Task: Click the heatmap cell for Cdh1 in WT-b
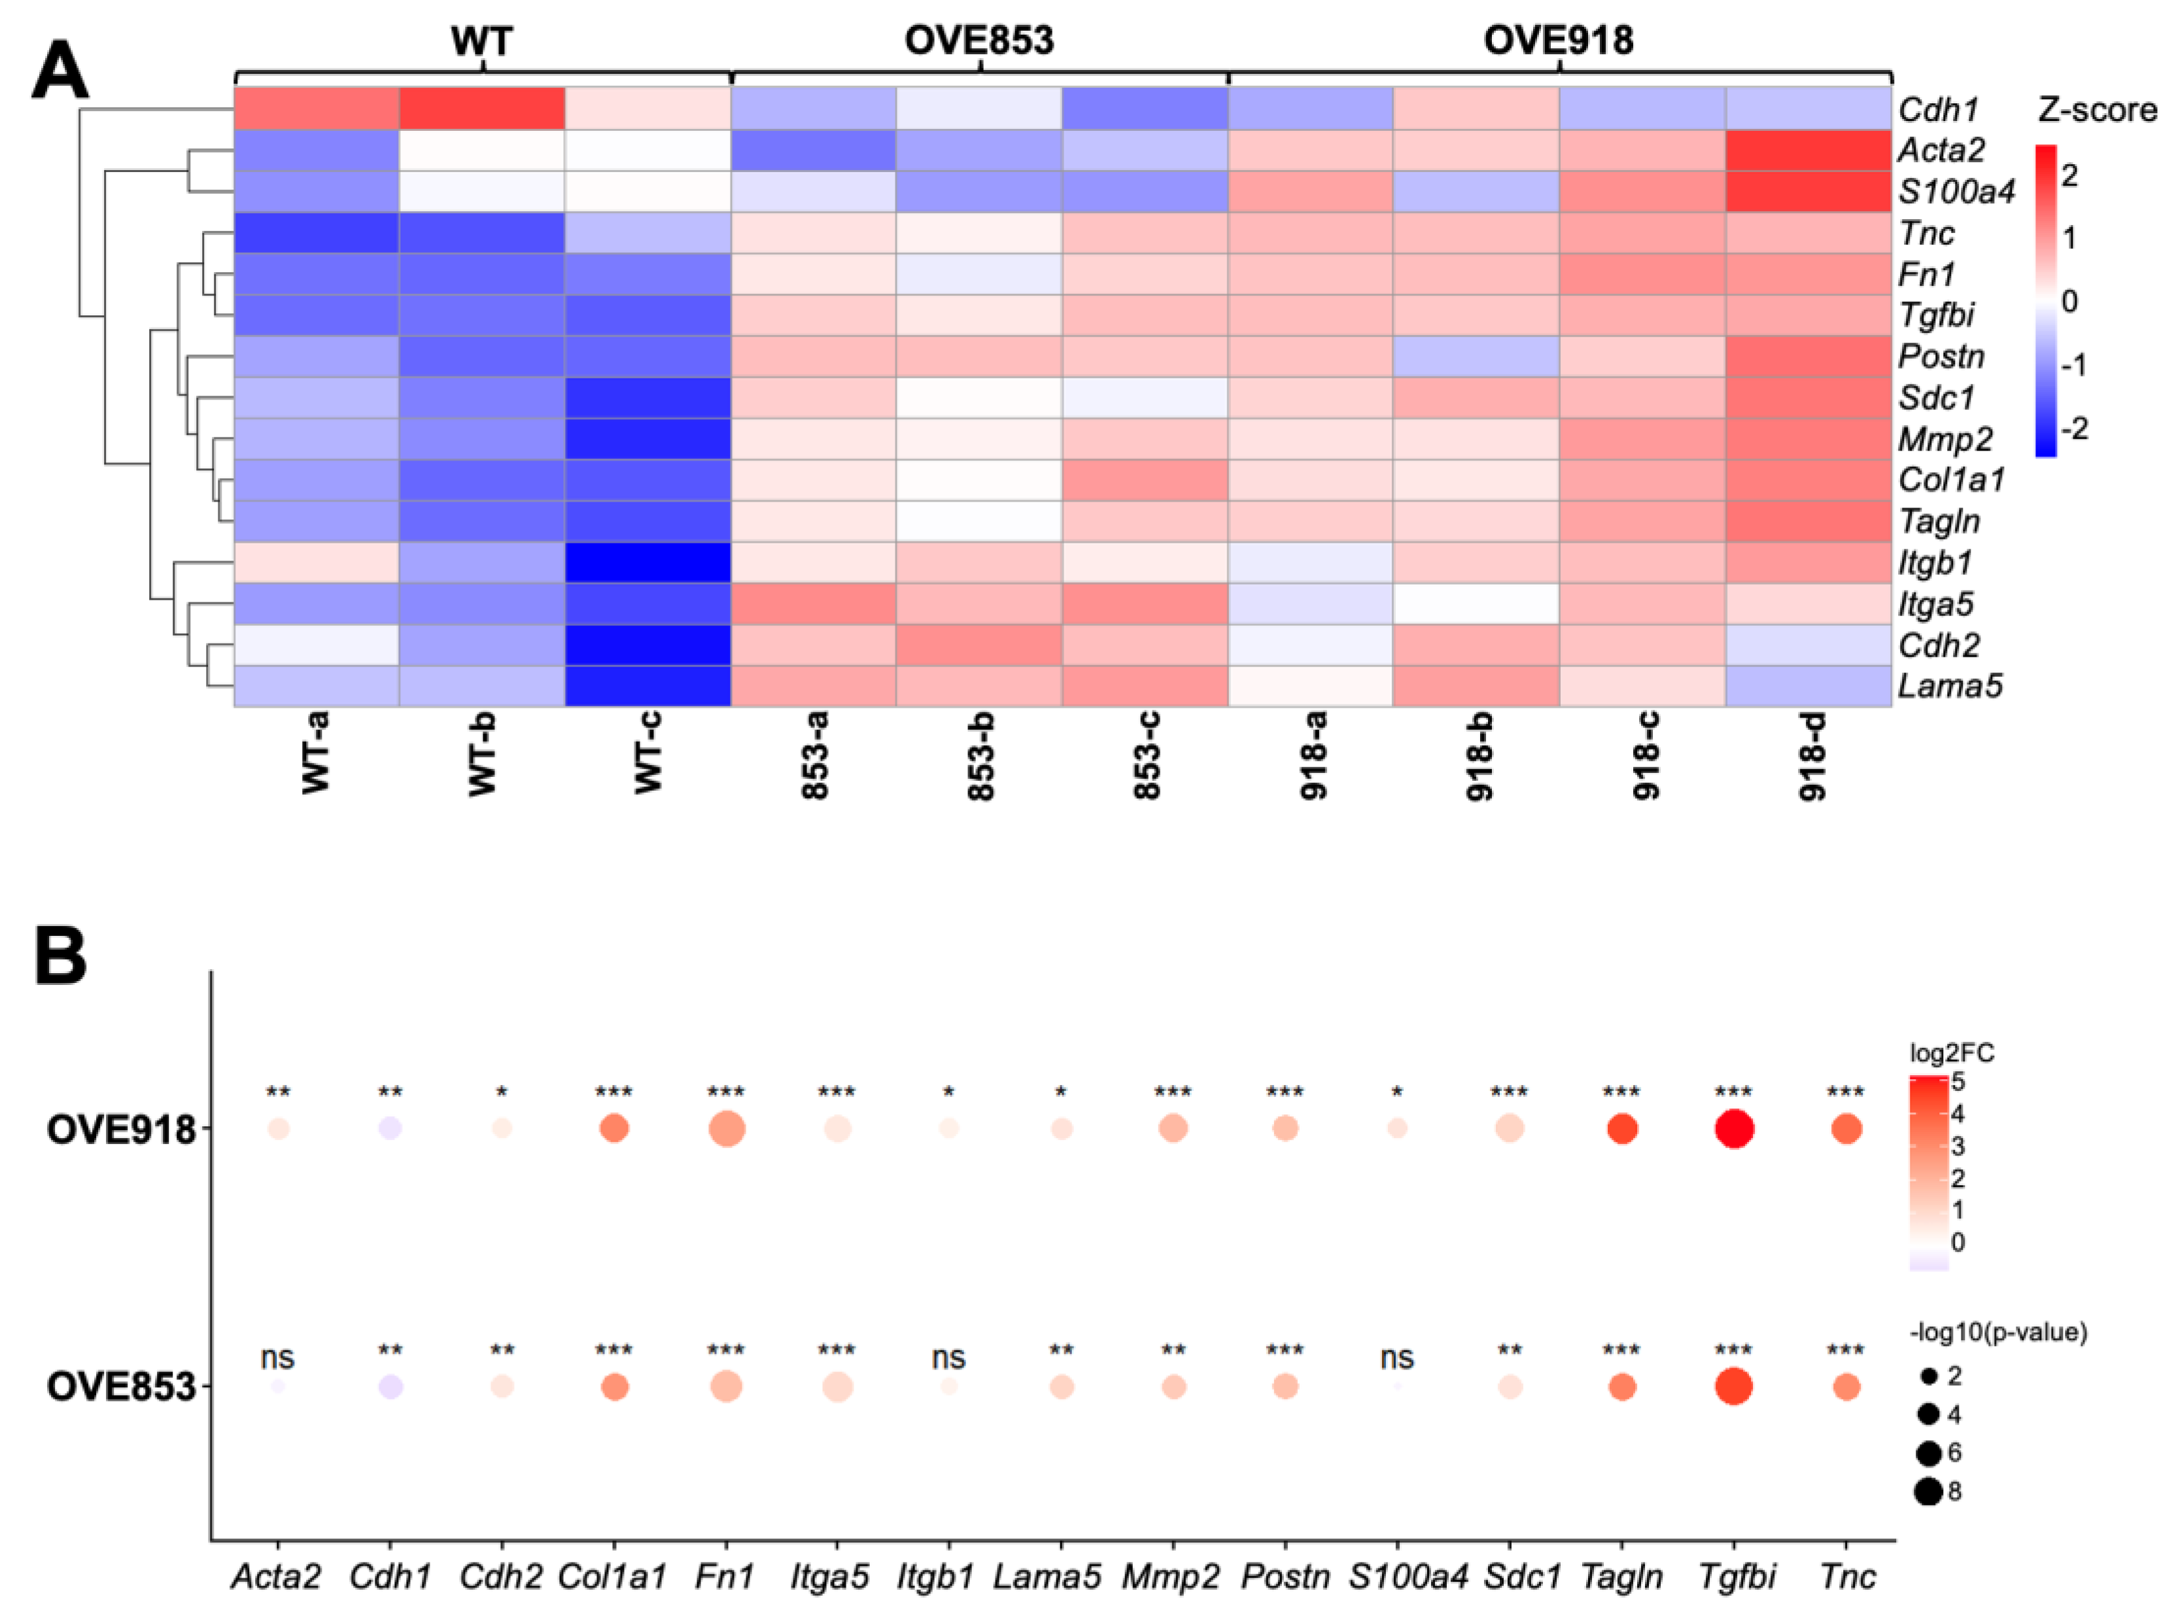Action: (x=481, y=108)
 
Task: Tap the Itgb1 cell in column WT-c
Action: (x=648, y=562)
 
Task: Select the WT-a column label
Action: (x=316, y=753)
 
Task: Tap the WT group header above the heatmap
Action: (x=481, y=40)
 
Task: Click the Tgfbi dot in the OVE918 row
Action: (x=1734, y=1129)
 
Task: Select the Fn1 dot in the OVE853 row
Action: (x=726, y=1387)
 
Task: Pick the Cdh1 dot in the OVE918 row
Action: (x=390, y=1129)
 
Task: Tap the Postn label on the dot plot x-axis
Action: (x=1285, y=1577)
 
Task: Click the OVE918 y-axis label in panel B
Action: (x=122, y=1129)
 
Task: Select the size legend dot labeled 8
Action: (x=1927, y=1492)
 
